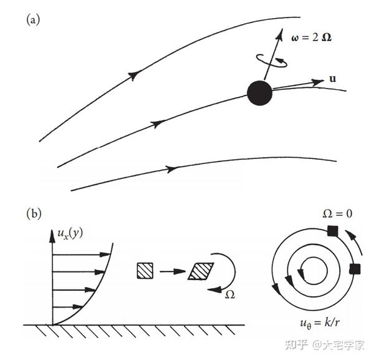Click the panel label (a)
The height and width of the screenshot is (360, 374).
tap(33, 20)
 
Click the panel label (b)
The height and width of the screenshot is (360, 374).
tap(33, 213)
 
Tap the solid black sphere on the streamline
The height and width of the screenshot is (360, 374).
tap(259, 93)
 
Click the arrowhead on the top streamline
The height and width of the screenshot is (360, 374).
tap(133, 75)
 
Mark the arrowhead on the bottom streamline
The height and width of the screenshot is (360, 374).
tap(170, 168)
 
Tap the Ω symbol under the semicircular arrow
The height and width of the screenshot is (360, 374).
tap(229, 293)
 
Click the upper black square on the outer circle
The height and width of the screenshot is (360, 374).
tap(332, 232)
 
